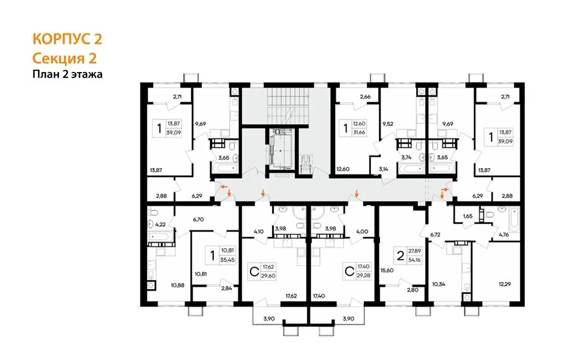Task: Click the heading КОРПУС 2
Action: click(x=67, y=39)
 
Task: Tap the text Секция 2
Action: click(x=65, y=58)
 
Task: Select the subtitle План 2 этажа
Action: click(x=67, y=74)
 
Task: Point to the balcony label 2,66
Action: click(x=365, y=97)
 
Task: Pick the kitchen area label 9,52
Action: click(x=387, y=124)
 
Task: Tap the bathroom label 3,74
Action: click(x=406, y=157)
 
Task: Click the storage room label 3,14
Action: click(x=384, y=169)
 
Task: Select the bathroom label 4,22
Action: click(x=160, y=224)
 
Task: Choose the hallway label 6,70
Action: click(x=199, y=219)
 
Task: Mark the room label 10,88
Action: click(x=178, y=285)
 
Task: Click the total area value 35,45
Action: click(x=227, y=259)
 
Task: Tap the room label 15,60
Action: click(x=387, y=271)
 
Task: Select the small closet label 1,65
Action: click(x=468, y=216)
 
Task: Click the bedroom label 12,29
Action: click(x=505, y=284)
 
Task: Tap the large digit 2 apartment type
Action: click(x=400, y=256)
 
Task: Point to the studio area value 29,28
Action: click(x=363, y=275)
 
